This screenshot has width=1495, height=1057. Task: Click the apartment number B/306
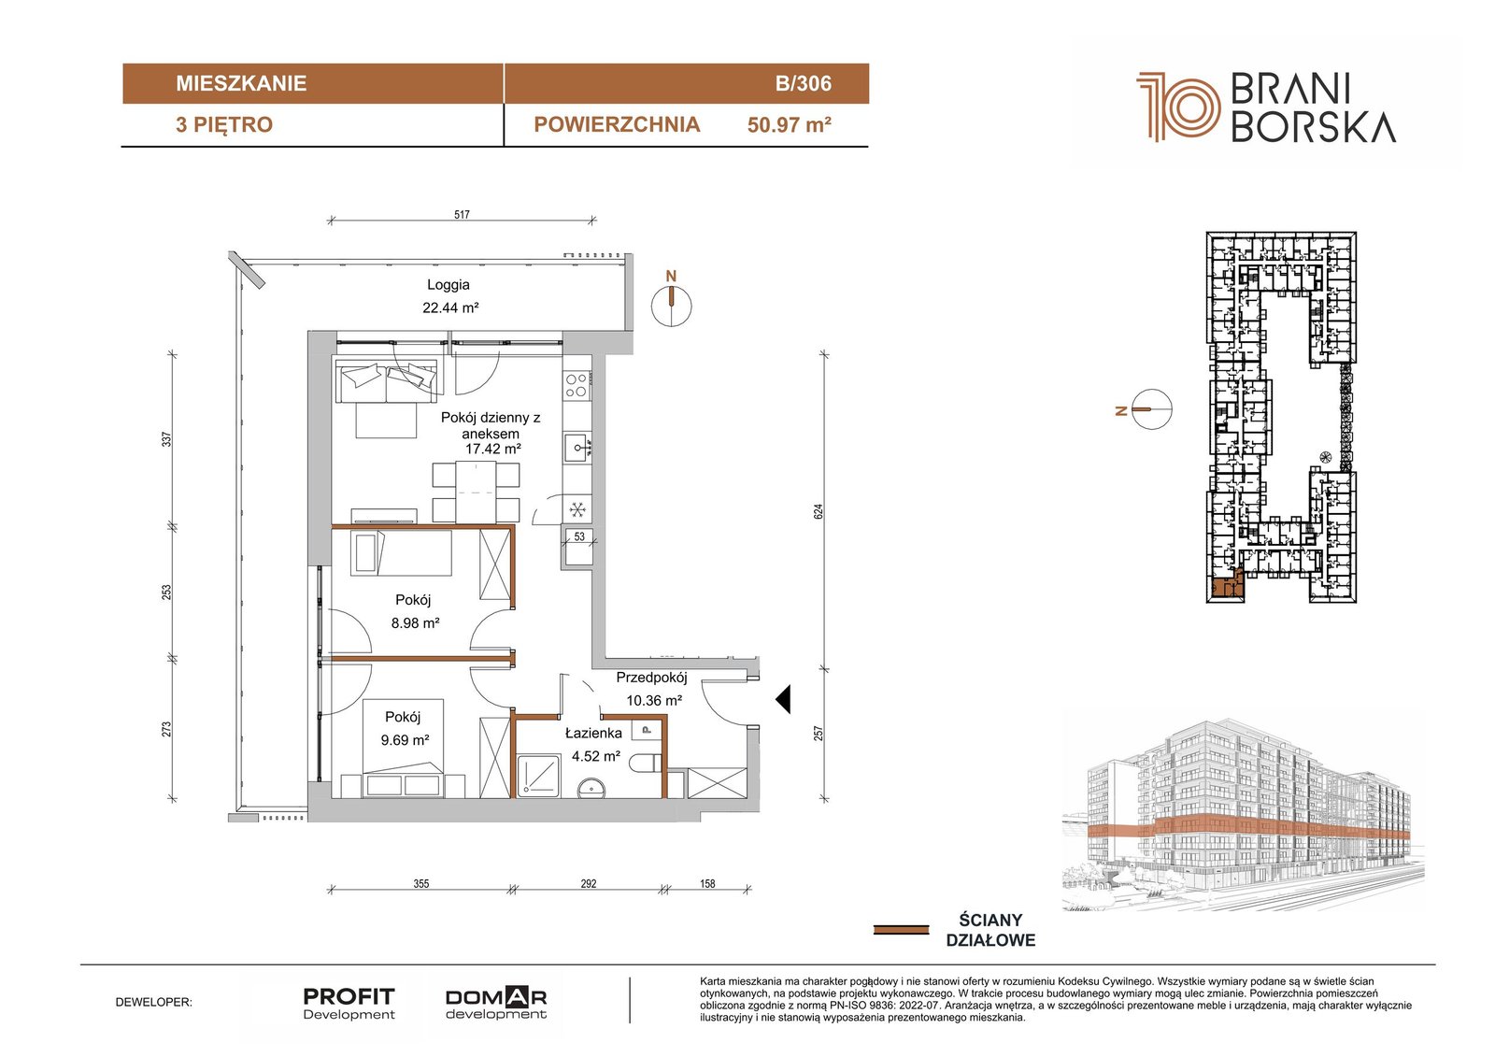pyautogui.click(x=803, y=83)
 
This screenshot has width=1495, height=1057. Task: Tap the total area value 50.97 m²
pyautogui.click(x=789, y=125)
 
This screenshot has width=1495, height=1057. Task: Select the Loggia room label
pyautogui.click(x=448, y=284)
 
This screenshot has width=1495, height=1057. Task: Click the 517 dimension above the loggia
pyautogui.click(x=462, y=214)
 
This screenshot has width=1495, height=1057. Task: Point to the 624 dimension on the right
pyautogui.click(x=819, y=511)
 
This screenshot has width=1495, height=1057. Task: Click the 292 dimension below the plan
pyautogui.click(x=588, y=883)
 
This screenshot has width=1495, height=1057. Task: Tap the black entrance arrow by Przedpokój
pyautogui.click(x=784, y=699)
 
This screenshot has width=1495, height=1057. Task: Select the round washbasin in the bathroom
pyautogui.click(x=591, y=789)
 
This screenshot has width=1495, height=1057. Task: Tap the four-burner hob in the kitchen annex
pyautogui.click(x=577, y=385)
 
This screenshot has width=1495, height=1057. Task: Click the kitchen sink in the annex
pyautogui.click(x=577, y=448)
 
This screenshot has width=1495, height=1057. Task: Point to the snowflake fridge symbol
pyautogui.click(x=577, y=510)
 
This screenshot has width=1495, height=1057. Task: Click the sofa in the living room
pyautogui.click(x=387, y=381)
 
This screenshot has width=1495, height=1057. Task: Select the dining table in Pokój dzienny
pyautogui.click(x=476, y=493)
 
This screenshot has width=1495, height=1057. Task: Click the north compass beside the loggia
pyautogui.click(x=672, y=306)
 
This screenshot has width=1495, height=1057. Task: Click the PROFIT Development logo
pyautogui.click(x=349, y=1004)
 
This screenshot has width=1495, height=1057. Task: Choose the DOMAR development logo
pyautogui.click(x=496, y=1004)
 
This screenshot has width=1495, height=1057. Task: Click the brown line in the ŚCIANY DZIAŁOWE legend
pyautogui.click(x=901, y=930)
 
